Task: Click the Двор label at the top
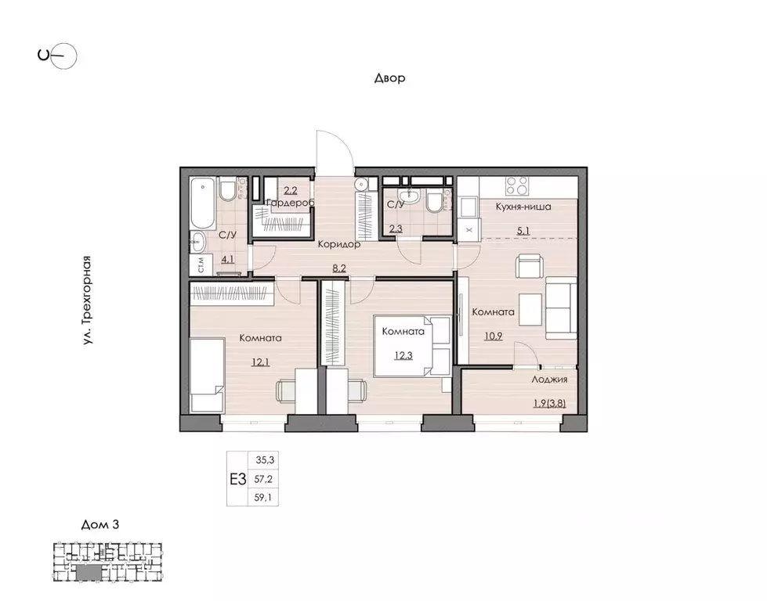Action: click(x=390, y=77)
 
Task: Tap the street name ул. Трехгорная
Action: click(x=87, y=300)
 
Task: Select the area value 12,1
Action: click(x=260, y=362)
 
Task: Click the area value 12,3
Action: click(x=403, y=355)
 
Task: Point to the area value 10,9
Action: click(x=493, y=336)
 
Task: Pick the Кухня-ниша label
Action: click(x=523, y=207)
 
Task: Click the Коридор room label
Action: click(x=339, y=244)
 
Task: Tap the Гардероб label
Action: click(x=290, y=202)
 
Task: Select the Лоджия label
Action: click(x=549, y=380)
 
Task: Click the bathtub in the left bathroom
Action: click(x=202, y=203)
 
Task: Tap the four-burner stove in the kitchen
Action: click(x=517, y=186)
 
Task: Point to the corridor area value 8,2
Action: click(x=338, y=268)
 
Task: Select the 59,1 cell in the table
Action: click(x=262, y=498)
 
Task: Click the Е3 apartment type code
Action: click(x=238, y=480)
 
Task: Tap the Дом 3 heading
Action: click(x=99, y=525)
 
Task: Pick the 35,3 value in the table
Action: click(x=265, y=460)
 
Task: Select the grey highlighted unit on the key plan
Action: click(x=88, y=572)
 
